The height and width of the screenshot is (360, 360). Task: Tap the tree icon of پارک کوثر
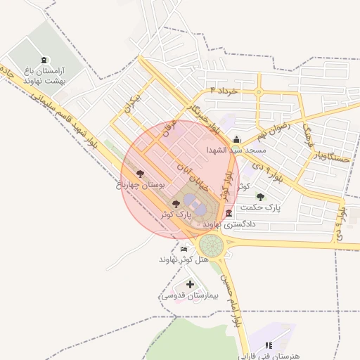point(176,202)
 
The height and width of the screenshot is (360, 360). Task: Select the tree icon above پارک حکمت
point(261,197)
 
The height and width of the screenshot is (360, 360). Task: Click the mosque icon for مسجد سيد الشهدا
point(236,139)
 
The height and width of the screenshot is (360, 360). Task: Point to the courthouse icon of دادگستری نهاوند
point(230,214)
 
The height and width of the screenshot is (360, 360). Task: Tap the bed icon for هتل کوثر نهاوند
point(184,249)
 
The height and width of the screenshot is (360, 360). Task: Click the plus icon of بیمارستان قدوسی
point(190,284)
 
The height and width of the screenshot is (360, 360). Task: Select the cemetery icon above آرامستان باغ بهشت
point(45,60)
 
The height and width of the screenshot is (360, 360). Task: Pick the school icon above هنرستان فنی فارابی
point(268,346)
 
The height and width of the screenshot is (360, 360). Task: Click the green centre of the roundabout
point(211,246)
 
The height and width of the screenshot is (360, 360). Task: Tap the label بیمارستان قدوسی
point(190,296)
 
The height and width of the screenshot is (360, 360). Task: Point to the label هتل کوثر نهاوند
point(184,259)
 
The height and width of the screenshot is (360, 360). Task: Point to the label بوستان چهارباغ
point(140,185)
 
